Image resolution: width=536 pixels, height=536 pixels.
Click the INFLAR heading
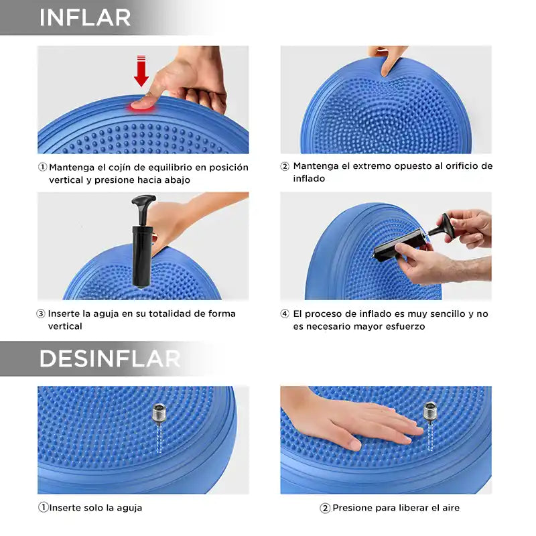coord(85,17)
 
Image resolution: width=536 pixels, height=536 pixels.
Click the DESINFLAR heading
coord(110,358)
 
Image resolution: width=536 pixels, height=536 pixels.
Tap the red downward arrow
coord(141,70)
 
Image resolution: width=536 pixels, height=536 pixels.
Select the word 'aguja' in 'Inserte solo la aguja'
coord(128,508)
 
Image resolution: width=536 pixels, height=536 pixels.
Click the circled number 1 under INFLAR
coord(42,167)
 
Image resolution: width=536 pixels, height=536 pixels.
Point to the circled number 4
coord(285,314)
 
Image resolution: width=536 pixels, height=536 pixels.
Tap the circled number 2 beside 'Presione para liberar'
coord(325,508)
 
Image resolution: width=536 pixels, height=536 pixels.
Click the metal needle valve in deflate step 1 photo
coord(159,415)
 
